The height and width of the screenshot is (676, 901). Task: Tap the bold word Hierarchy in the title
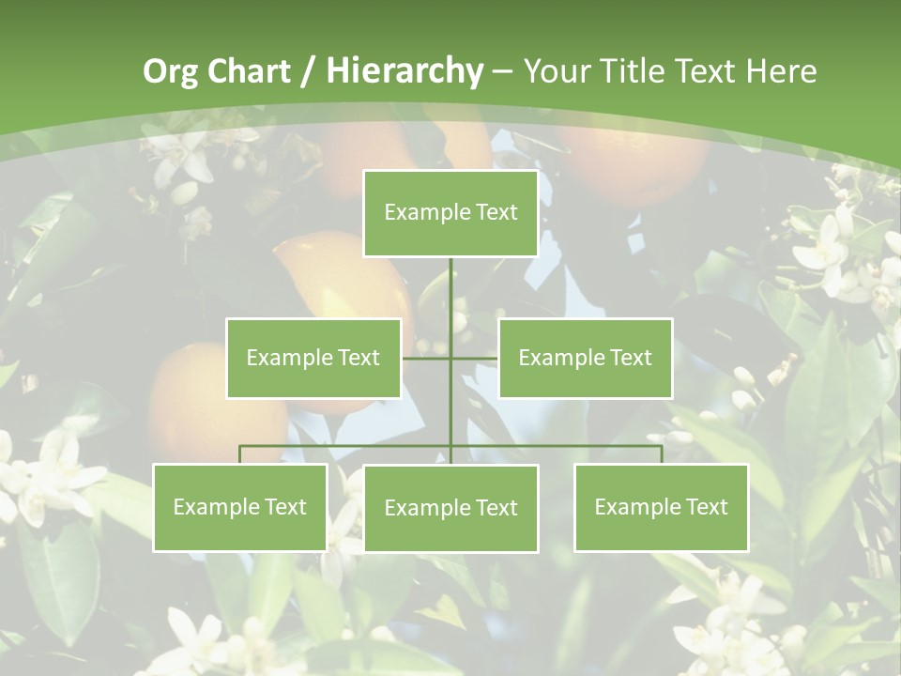tap(405, 72)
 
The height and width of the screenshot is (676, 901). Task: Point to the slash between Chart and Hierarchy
tap(307, 72)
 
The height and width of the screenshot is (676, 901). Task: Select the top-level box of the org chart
tap(450, 213)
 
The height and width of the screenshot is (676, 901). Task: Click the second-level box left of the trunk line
tap(313, 358)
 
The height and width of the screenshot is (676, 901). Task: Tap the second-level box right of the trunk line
tap(586, 358)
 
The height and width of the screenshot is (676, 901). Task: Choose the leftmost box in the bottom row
tap(240, 508)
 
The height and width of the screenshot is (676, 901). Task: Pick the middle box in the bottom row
tap(450, 508)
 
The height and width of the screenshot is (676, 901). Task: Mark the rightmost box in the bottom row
tap(662, 508)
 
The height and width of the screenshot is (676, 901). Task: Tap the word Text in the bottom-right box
tap(707, 507)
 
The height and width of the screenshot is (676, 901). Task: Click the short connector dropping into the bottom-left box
tap(240, 454)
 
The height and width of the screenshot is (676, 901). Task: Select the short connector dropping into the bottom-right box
tap(662, 454)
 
